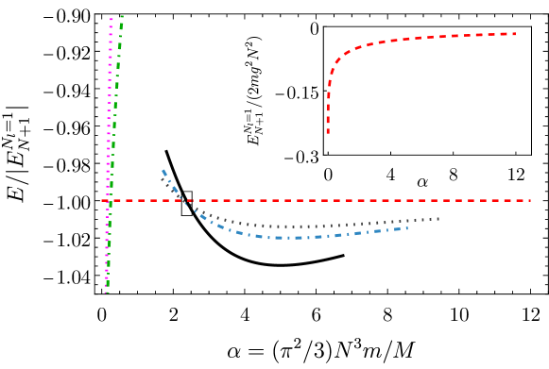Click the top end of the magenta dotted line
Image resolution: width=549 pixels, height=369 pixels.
pos(111,19)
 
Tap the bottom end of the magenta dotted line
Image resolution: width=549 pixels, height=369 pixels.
pos(106,293)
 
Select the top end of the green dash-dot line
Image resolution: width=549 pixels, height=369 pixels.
pos(122,16)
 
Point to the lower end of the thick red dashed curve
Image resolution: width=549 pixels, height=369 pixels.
pos(328,131)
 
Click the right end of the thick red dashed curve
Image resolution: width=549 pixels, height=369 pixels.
pos(515,34)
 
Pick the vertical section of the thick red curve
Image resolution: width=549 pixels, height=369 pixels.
pos(329,104)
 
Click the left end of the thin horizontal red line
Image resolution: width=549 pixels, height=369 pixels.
pos(102,200)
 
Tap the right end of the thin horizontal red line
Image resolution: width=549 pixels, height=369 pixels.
pos(530,200)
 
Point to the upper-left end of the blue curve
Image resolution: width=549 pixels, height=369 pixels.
pos(163,171)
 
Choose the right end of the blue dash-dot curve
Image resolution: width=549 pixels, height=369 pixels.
pos(406,227)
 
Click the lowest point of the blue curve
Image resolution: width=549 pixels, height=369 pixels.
pos(283,238)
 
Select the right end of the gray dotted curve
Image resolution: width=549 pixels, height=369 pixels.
pos(439,219)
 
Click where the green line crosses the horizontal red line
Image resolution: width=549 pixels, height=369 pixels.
pos(111,200)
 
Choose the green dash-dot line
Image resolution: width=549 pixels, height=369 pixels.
pos(115,113)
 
